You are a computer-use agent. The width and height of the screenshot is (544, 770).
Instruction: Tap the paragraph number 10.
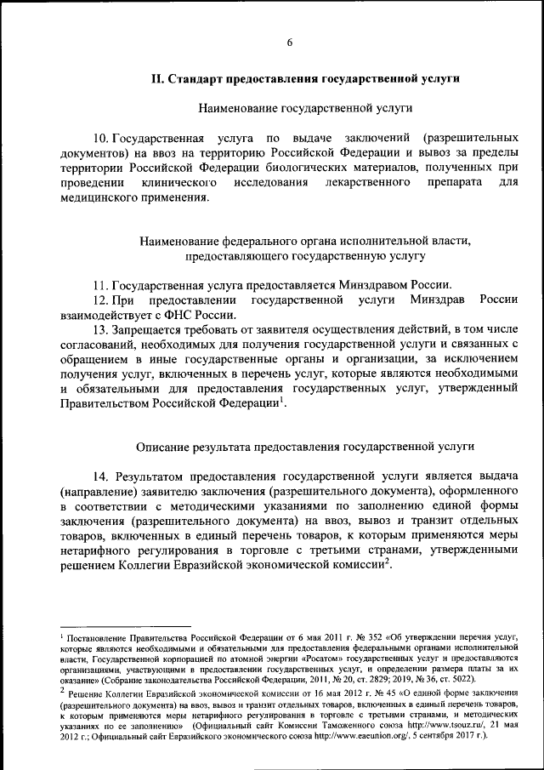point(101,137)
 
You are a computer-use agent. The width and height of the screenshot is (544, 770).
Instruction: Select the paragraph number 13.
point(101,329)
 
